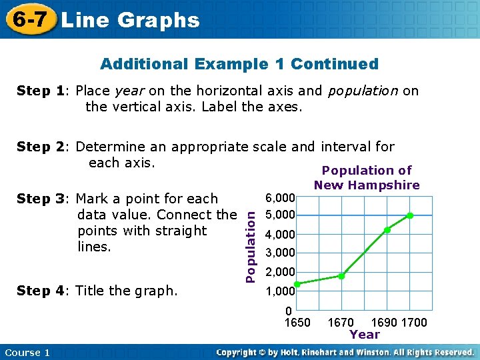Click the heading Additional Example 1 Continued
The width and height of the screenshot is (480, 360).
(x=239, y=64)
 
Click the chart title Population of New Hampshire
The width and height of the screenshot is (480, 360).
(x=367, y=178)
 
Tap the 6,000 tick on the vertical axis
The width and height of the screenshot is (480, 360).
(x=280, y=198)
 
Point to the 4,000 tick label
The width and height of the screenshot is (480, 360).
(x=280, y=235)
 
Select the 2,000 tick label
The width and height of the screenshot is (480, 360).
(x=280, y=272)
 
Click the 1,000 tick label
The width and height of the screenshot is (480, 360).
(x=280, y=291)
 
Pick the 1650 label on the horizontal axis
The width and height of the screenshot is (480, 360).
(x=297, y=323)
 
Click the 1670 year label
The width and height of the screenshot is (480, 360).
(x=341, y=323)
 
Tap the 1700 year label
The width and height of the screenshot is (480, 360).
(x=415, y=323)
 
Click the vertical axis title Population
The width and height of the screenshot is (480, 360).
(x=249, y=243)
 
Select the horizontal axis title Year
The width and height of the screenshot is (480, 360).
(x=365, y=335)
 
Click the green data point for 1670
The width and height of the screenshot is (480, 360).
(x=341, y=276)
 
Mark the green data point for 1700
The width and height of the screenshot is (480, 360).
(x=410, y=215)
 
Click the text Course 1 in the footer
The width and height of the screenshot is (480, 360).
(x=27, y=352)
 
